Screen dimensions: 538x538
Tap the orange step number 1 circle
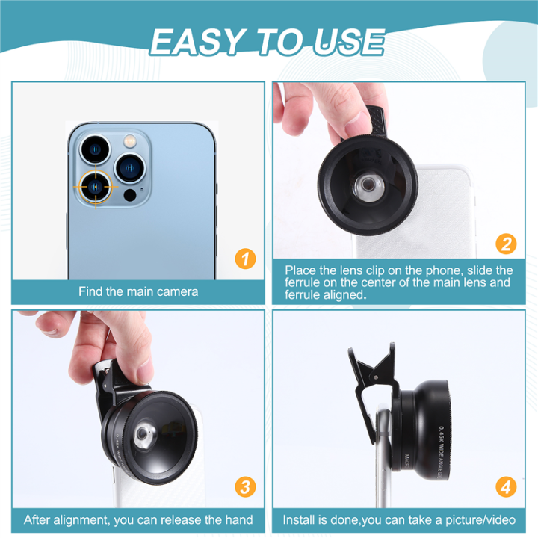click(x=245, y=259)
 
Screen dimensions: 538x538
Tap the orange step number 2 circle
click(x=506, y=244)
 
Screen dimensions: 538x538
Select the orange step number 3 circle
click(x=245, y=487)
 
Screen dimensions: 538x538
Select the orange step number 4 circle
click(x=506, y=487)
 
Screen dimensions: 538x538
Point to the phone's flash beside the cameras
click(x=130, y=140)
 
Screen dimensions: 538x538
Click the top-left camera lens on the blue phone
click(x=95, y=149)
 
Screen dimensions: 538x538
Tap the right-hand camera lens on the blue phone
click(x=130, y=167)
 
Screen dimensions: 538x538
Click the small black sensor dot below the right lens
click(x=130, y=196)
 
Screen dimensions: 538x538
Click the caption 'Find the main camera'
click(x=138, y=291)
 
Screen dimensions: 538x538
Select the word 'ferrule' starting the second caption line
click(x=303, y=282)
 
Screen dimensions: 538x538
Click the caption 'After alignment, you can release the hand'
click(x=138, y=519)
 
